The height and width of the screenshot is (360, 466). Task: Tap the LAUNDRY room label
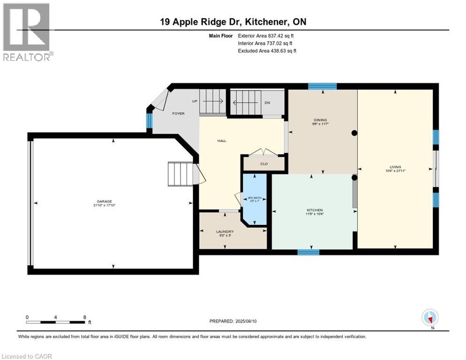(225, 232)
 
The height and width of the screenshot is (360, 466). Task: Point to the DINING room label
(320, 120)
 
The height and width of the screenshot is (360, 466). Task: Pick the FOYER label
(178, 113)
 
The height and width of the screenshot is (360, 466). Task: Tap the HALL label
(222, 141)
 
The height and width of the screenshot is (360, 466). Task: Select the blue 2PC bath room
(254, 199)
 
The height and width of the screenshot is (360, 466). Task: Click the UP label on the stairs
(195, 101)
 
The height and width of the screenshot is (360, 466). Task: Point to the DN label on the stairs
(267, 102)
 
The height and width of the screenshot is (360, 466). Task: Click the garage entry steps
(180, 174)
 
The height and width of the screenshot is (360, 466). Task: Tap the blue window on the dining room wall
(322, 86)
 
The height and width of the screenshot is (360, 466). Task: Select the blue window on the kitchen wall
(308, 252)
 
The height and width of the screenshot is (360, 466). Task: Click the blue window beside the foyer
(150, 121)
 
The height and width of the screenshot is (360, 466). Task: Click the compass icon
(430, 318)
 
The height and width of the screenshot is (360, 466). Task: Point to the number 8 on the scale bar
(84, 317)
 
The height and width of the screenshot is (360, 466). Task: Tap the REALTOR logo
(27, 32)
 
